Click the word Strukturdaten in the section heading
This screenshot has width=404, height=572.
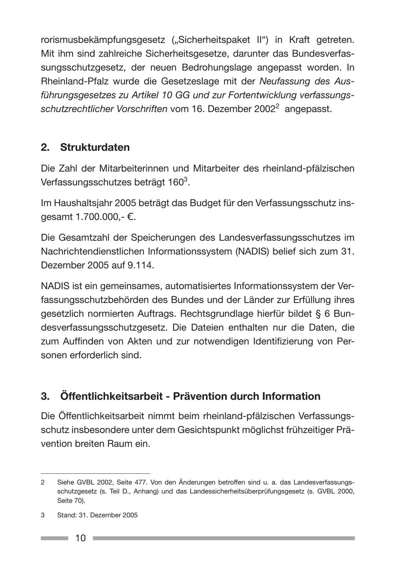click(95, 147)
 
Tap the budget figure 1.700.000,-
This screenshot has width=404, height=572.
click(100, 217)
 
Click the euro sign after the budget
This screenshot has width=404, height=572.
click(131, 217)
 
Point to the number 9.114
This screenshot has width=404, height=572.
click(141, 265)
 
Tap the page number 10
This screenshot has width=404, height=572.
click(80, 538)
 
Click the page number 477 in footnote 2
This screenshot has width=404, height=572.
click(140, 482)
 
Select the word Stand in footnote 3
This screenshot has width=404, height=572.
click(66, 515)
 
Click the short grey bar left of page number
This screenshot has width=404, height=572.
click(54, 538)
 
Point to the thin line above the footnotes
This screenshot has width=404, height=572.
click(95, 473)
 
